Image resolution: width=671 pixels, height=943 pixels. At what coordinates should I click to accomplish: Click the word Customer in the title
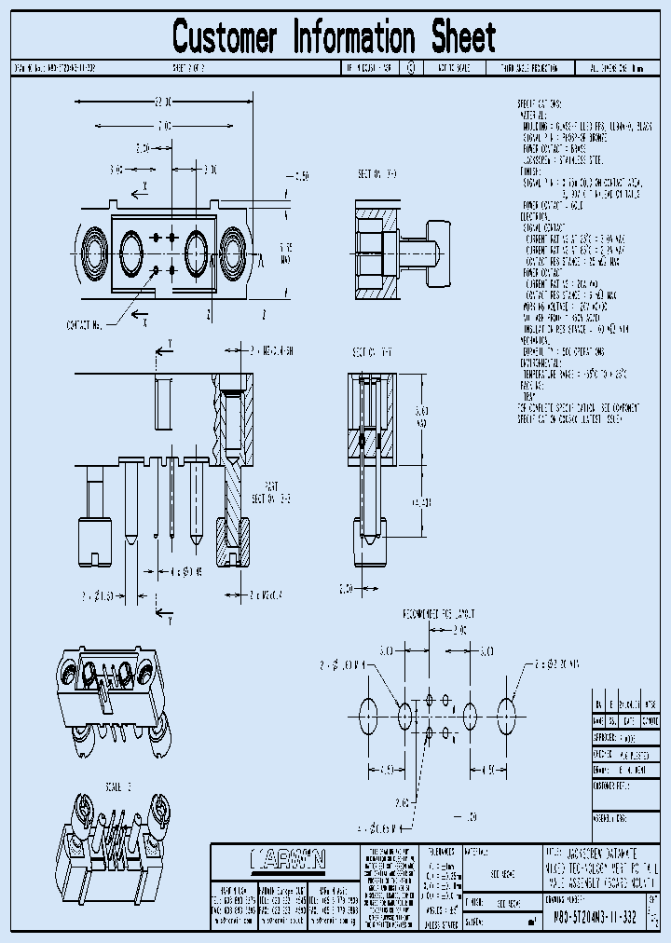[225, 38]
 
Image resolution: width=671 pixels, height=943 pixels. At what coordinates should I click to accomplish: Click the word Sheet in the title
[463, 38]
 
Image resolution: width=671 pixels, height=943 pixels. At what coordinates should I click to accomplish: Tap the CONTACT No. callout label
[86, 324]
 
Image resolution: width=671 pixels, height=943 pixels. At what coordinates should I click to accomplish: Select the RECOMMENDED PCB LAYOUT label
[438, 613]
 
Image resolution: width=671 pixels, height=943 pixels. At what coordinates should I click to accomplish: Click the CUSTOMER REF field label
[612, 786]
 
